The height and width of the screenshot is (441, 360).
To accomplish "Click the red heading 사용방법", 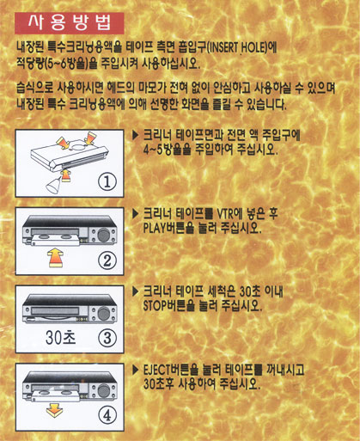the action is (70, 23).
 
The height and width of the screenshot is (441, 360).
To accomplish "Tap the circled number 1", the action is (107, 181).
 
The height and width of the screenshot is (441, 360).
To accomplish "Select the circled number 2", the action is (107, 260).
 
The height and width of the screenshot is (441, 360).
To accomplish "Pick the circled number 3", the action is (107, 338).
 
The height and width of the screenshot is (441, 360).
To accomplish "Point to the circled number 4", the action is (107, 415).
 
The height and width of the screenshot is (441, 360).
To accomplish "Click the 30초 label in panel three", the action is (61, 337).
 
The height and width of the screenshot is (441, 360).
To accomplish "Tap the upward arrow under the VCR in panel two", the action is (55, 258).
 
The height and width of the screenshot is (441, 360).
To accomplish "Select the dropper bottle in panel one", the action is (53, 185).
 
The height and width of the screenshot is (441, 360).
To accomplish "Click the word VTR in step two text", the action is (225, 214).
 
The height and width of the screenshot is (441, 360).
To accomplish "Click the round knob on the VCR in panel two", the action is (104, 235).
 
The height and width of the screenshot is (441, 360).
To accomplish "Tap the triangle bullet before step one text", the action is (136, 135).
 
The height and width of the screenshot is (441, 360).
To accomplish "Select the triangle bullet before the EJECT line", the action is (136, 370).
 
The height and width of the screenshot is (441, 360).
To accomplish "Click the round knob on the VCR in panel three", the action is (104, 313).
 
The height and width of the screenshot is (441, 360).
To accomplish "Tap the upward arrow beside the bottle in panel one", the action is (66, 175).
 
